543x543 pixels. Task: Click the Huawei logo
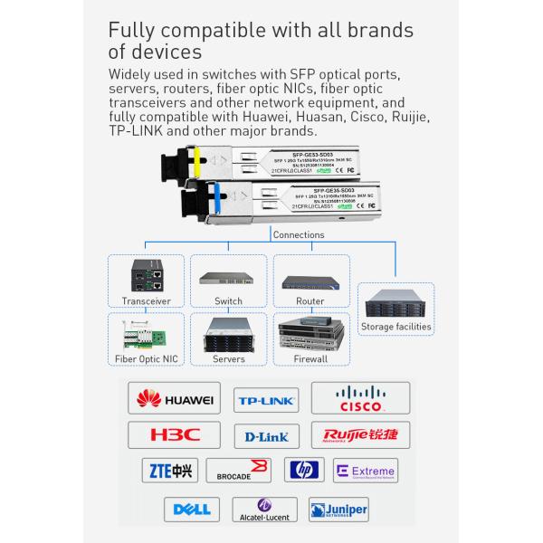coord(175,399)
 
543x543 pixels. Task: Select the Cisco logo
coord(360,399)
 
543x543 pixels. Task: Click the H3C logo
coord(176,435)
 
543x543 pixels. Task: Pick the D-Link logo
coord(266,437)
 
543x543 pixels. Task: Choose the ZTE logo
coord(169,471)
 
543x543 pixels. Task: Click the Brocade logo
coord(239,471)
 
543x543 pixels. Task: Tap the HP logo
coord(304,470)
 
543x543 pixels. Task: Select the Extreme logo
coord(366,472)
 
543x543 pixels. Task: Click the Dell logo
coord(192,510)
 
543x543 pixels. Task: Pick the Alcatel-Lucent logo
coord(263,510)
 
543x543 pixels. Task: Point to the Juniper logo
coord(338,510)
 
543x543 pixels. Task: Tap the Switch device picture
coord(228,280)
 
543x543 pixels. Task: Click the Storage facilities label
coord(396,327)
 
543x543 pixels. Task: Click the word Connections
coord(297,234)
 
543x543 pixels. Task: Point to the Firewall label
coord(310,359)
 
